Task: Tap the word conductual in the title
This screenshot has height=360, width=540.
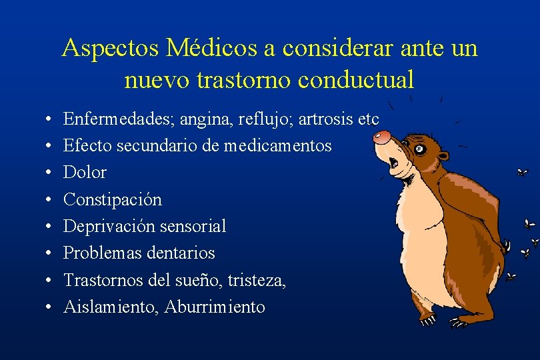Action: [x=357, y=79]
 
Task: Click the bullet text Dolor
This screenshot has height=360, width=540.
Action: [x=85, y=172]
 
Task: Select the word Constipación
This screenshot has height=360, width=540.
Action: [x=113, y=199]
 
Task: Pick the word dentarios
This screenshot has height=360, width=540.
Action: [x=182, y=253]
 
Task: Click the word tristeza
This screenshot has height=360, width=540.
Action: [x=256, y=280]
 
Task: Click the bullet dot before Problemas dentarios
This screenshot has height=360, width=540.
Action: [x=51, y=253]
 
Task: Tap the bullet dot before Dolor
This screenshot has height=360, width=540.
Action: [x=51, y=173]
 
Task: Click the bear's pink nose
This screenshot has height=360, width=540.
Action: [x=381, y=137]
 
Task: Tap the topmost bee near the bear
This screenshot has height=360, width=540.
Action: [x=522, y=173]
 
